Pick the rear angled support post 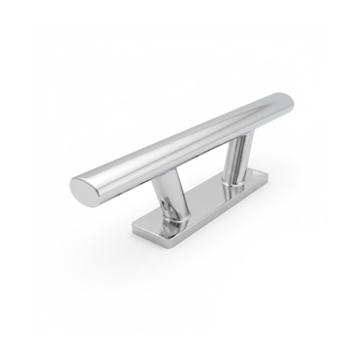tap(237, 158)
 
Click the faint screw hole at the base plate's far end tap(260, 174)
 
